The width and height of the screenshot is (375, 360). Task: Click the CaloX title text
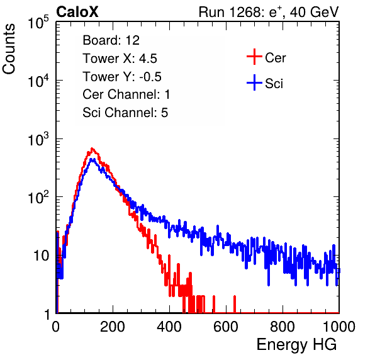(77, 12)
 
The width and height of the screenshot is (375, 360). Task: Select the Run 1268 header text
(269, 12)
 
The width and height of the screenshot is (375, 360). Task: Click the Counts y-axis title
(9, 49)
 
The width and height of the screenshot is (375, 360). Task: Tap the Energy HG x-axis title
(296, 344)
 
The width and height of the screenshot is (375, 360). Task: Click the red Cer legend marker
(254, 57)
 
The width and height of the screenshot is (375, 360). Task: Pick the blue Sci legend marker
(254, 82)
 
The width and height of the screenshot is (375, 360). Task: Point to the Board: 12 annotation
(111, 40)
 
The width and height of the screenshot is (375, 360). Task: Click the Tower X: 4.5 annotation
(120, 59)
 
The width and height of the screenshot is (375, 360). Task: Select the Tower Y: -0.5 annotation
(122, 77)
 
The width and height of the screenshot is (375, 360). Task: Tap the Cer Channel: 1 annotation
(126, 94)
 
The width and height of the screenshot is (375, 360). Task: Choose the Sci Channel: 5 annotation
(125, 113)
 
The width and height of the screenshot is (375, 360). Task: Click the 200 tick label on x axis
(113, 327)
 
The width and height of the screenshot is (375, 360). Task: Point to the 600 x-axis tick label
(226, 327)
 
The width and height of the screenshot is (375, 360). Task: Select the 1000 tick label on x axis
(339, 327)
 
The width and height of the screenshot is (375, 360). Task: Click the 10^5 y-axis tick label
(38, 22)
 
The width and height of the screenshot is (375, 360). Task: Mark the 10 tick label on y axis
(41, 256)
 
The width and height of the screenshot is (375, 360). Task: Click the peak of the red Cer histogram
(92, 149)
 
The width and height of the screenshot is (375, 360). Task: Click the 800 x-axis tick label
(283, 327)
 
